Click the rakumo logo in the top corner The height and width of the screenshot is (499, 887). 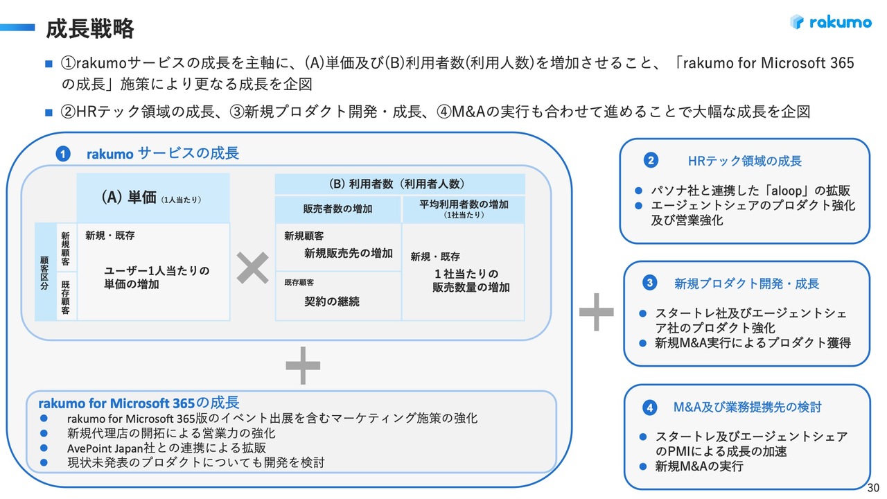830,22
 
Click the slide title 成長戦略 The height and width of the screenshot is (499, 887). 89,28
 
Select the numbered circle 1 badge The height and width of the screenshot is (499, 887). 62,155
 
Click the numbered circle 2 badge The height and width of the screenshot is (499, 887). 650,161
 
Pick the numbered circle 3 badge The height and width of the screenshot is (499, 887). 650,283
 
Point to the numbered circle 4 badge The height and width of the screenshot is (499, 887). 650,408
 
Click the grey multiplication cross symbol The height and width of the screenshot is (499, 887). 253,268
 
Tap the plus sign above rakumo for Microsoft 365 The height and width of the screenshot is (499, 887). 302,367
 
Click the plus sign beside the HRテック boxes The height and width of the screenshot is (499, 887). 596,312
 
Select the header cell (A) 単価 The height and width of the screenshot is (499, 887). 152,198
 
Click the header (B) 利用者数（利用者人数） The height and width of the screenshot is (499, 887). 400,184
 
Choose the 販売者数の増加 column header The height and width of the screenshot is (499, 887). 337,209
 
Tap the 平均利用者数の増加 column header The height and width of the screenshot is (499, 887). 464,209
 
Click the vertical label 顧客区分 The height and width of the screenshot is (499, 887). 45,272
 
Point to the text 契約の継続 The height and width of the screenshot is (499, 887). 332,301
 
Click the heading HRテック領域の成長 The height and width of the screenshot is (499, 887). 745,161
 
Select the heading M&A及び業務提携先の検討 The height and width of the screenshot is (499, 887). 747,408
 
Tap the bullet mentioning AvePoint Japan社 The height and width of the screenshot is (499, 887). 166,448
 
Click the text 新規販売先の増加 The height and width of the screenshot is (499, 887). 348,254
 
